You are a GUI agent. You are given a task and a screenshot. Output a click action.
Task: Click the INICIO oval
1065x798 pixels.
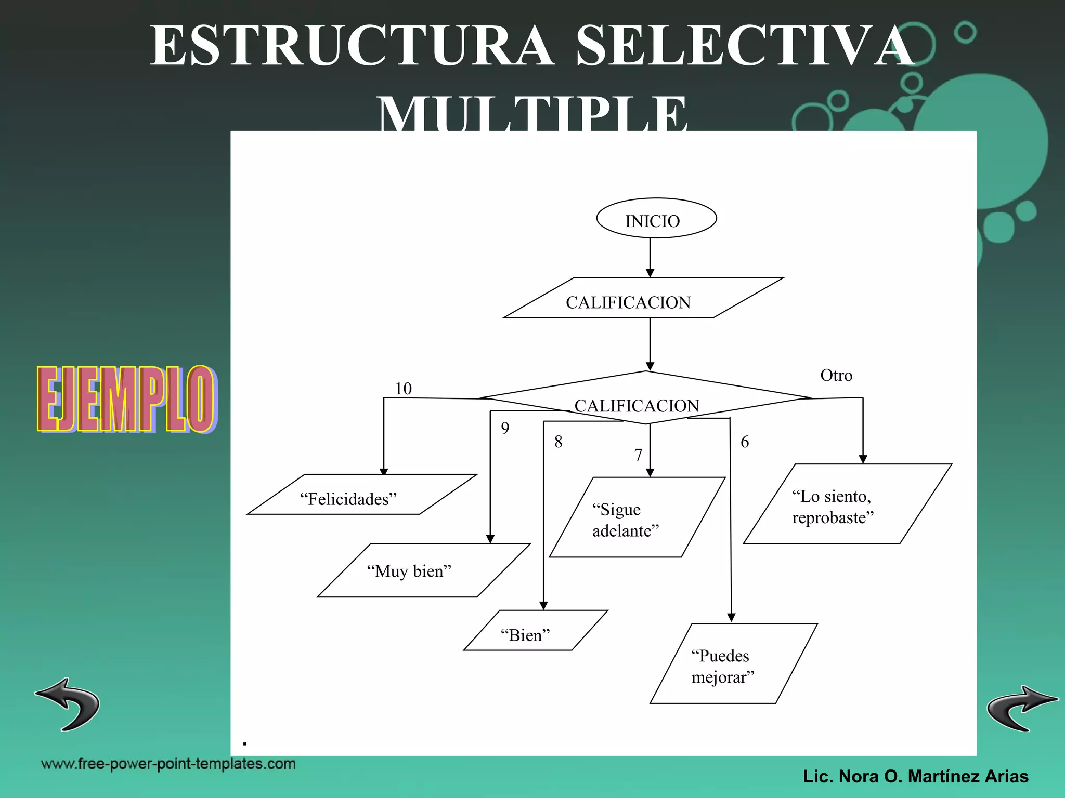(x=656, y=219)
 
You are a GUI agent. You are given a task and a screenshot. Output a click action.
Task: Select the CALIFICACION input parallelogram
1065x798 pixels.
(x=643, y=298)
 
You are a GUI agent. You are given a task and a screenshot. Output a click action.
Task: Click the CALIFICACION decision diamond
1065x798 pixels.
(x=645, y=398)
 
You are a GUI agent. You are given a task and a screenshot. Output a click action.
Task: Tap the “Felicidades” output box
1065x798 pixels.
(x=361, y=495)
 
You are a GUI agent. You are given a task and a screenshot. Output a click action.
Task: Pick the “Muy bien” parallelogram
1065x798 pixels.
(x=423, y=570)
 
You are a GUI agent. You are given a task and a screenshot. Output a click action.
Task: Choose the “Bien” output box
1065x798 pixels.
(x=536, y=630)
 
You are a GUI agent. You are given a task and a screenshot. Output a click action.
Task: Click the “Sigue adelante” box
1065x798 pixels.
(x=637, y=517)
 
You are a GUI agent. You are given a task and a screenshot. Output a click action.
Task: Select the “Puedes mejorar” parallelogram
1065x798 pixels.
(x=733, y=663)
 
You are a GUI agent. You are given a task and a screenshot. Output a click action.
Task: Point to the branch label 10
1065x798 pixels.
(x=403, y=389)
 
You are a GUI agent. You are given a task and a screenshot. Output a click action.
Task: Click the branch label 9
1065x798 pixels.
(x=505, y=428)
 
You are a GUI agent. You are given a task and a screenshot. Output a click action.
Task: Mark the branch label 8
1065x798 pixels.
(x=558, y=442)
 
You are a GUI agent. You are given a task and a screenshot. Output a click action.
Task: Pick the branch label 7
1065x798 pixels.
(x=638, y=455)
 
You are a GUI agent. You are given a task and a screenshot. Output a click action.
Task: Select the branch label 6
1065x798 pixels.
(x=744, y=442)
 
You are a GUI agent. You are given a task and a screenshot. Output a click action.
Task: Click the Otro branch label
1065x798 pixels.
(x=836, y=376)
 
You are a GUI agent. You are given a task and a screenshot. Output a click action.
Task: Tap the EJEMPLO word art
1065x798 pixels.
(x=126, y=399)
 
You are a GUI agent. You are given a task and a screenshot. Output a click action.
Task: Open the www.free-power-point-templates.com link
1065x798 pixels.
(x=168, y=764)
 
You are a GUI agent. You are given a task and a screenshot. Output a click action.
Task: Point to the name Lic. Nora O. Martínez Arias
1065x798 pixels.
(x=915, y=776)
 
